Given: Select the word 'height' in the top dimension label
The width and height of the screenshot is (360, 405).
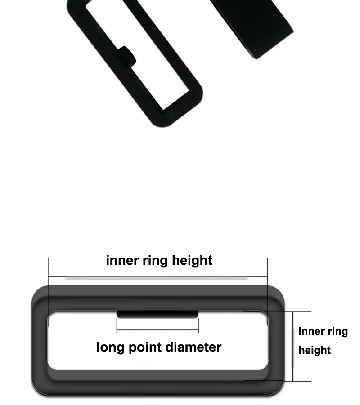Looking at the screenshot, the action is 192,260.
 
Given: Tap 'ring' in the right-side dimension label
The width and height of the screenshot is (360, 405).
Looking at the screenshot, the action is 338,332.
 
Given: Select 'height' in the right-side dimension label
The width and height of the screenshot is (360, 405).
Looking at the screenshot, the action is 315,350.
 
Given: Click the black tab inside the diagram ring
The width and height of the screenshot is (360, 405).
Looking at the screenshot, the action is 157,314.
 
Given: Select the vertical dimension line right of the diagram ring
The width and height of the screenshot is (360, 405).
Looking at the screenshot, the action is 293,346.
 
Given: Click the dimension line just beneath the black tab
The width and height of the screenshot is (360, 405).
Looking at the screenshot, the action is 157,331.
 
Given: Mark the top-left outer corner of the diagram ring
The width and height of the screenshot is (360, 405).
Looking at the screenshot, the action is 36,290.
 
